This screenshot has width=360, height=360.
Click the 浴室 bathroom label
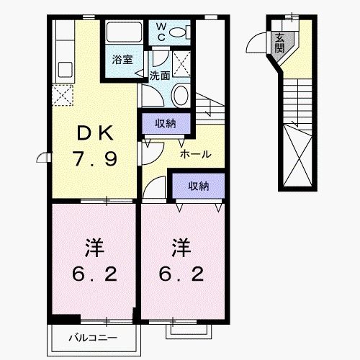pyautogui.click(x=122, y=60)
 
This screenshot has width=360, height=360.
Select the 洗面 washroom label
pyautogui.click(x=160, y=75)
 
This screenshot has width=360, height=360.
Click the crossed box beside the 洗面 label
pyautogui.click(x=182, y=64)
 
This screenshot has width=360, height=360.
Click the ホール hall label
pyautogui.click(x=195, y=154)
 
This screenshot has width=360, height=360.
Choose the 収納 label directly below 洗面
pyautogui.click(x=166, y=123)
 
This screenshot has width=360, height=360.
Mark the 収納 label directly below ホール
pyautogui.click(x=198, y=186)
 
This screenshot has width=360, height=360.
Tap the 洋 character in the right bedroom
pyautogui.click(x=181, y=248)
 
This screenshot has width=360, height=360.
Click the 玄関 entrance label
pyautogui.click(x=278, y=43)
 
